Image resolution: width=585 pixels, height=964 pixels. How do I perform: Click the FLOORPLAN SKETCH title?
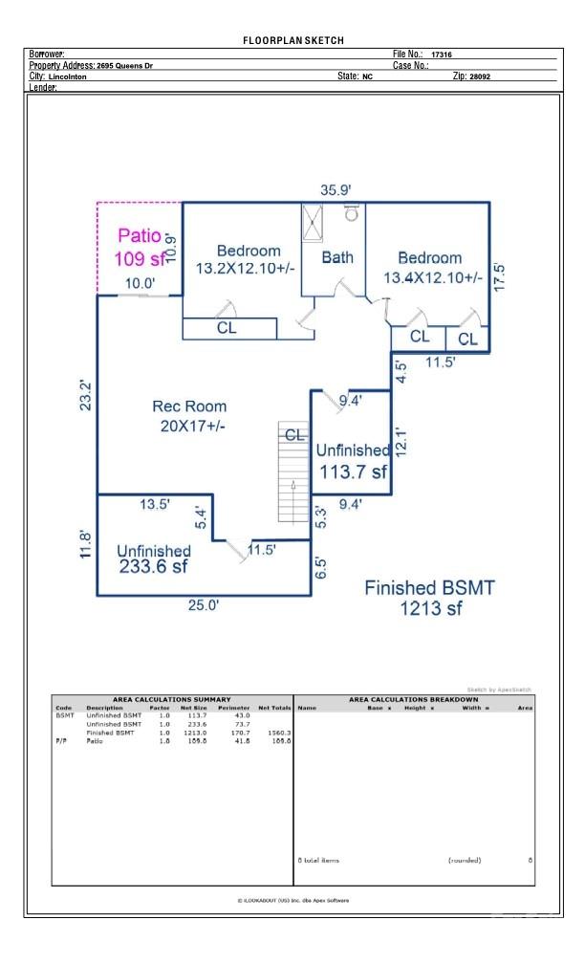click(292, 40)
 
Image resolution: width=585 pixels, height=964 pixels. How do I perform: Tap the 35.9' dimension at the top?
click(336, 190)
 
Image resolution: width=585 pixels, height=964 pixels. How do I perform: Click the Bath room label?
click(336, 256)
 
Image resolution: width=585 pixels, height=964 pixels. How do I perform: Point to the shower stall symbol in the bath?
click(313, 222)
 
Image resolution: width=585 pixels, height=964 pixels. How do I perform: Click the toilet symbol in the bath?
click(351, 213)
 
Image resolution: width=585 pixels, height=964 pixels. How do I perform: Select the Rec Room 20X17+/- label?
click(192, 416)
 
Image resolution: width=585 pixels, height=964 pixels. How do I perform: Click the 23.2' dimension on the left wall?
click(86, 396)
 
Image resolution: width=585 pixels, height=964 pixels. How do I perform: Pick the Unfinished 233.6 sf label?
click(153, 559)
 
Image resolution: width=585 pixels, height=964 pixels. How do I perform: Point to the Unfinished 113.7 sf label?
click(352, 461)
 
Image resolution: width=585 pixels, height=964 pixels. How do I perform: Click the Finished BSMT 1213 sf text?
click(429, 598)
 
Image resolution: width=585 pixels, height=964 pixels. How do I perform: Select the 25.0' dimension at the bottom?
click(203, 605)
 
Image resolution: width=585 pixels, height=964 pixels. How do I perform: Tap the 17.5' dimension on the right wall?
click(498, 276)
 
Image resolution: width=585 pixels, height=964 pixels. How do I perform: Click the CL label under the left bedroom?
click(227, 328)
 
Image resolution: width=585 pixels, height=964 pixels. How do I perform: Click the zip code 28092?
click(479, 77)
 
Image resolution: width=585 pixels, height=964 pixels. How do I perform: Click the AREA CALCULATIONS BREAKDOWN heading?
click(413, 700)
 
